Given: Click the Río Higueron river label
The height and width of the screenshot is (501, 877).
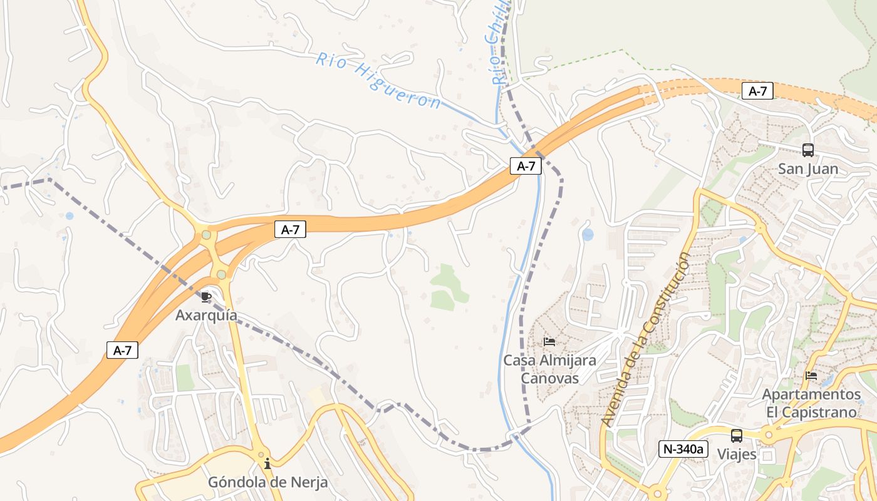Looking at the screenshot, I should pos(378,81).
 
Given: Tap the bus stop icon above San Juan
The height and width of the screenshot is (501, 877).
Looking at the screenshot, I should pos(808,150).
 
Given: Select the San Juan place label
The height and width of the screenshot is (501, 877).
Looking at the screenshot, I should pos(808,169).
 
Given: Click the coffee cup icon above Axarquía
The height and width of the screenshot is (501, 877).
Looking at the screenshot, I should pos(206,297).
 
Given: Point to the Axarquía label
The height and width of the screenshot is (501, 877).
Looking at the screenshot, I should pos(206,315).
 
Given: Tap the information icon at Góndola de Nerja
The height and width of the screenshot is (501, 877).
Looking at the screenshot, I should pos(267,464).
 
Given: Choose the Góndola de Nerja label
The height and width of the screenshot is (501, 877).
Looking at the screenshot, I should pos(267,483).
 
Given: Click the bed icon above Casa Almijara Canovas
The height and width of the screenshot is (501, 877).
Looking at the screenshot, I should pos(549,342).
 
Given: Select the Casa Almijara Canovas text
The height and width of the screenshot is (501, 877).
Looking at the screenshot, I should pos(549,369).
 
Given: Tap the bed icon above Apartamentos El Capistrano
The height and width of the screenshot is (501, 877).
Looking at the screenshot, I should pos(811,376).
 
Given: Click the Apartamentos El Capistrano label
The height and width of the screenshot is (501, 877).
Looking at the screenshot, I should pos(811,403).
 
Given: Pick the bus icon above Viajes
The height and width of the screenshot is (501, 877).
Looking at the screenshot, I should pos(737,435).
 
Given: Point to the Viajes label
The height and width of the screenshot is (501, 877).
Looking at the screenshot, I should pos(737,454).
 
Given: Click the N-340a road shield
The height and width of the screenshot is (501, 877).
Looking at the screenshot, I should pos(683,448).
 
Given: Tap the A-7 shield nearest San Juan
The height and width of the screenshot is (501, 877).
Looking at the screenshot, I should pos(757,91).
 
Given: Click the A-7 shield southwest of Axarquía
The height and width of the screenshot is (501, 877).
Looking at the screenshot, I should pos(122,351).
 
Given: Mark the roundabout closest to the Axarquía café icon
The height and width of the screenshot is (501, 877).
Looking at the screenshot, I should pos(221,274).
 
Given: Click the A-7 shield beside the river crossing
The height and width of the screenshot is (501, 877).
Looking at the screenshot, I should pos(526,166).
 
